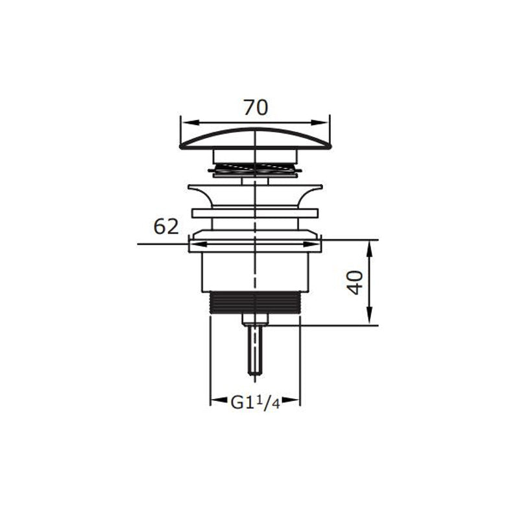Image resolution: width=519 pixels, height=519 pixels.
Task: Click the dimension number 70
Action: click(256, 108)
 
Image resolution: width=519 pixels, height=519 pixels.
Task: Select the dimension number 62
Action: click(166, 226)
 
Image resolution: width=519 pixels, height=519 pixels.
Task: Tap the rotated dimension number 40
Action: click(356, 282)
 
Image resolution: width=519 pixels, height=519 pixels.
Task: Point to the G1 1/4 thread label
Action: click(255, 402)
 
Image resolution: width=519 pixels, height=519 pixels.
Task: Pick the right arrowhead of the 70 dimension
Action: click(319, 122)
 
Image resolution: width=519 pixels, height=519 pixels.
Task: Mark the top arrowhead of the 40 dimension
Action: click(370, 250)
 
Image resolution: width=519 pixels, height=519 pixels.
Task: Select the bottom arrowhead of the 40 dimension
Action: click(370, 316)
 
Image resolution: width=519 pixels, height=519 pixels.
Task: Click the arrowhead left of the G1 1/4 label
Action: click(219, 400)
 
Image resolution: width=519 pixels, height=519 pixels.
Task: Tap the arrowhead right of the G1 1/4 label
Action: click(291, 400)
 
